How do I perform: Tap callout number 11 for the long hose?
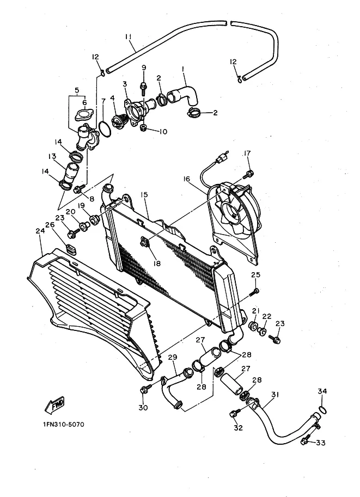[x=129, y=37]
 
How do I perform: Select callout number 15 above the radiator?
[x=144, y=194]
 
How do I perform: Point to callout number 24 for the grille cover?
[x=39, y=230]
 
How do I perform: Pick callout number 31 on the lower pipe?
[x=274, y=395]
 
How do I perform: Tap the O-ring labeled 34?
[x=322, y=409]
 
